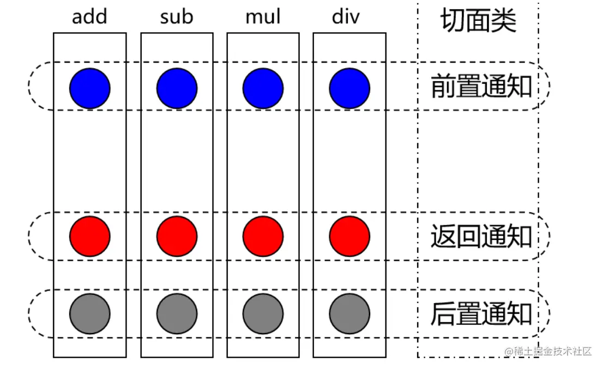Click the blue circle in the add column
[90, 88]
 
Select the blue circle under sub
[177, 88]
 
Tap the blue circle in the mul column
[263, 88]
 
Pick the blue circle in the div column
[349, 88]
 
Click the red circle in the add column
[90, 237]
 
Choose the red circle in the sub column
[177, 237]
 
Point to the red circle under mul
[263, 237]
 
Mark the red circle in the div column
[349, 237]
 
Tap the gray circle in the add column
[90, 314]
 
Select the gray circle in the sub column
[177, 314]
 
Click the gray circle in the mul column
[263, 314]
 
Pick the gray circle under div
[349, 314]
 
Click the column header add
[89, 17]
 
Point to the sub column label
[177, 17]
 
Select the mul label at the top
[263, 17]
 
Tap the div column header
[346, 17]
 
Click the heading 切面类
[478, 21]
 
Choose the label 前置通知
[481, 87]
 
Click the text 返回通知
[481, 237]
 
